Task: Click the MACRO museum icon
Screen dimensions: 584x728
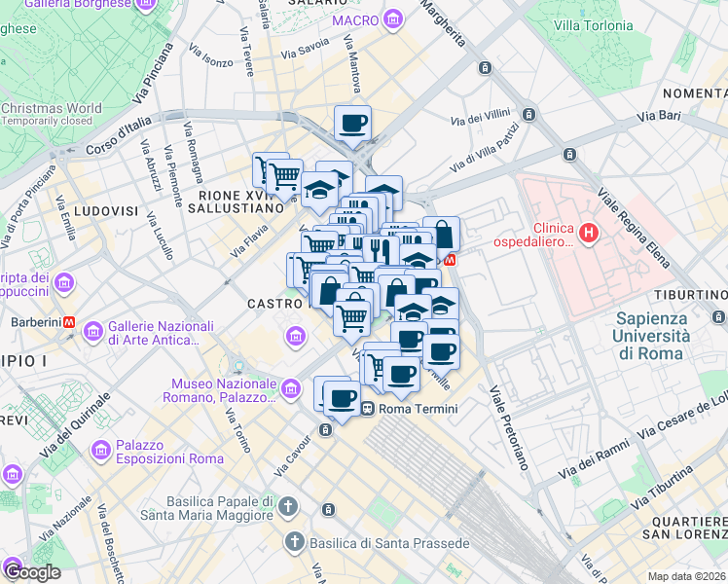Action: [392, 19]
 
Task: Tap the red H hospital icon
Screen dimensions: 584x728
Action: [588, 233]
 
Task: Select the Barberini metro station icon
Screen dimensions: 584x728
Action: [69, 322]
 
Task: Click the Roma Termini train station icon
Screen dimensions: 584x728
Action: [368, 409]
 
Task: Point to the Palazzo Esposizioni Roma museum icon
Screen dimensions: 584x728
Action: [99, 451]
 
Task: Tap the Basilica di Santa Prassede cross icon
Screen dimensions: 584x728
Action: [292, 541]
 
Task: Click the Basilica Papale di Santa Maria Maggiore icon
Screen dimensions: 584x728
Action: [287, 506]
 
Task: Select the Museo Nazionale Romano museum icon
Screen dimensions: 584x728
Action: [290, 390]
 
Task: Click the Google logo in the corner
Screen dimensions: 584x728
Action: [32, 571]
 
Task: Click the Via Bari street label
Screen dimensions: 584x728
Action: [659, 116]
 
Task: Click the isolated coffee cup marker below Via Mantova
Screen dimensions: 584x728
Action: [352, 124]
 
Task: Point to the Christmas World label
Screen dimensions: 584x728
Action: [51, 109]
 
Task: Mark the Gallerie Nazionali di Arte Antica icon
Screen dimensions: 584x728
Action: [92, 332]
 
